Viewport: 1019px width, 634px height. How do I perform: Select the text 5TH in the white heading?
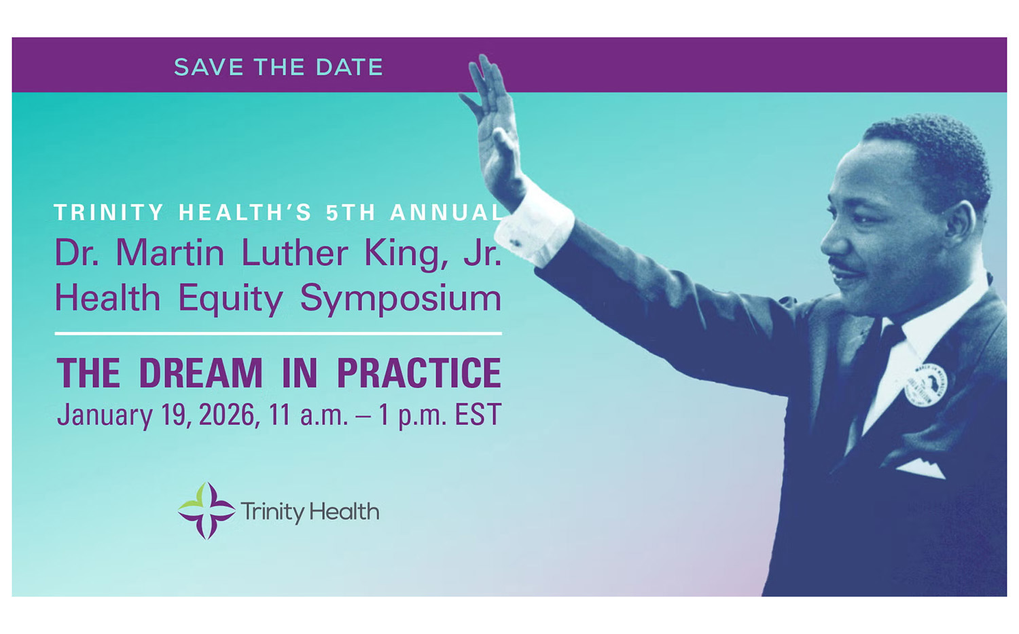(x=351, y=212)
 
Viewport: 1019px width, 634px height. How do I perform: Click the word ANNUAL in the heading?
(x=446, y=212)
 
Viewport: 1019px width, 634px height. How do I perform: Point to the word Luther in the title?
(x=294, y=253)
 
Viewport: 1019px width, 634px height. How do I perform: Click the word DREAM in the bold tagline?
(x=200, y=373)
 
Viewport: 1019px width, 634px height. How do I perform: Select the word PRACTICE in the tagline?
(x=419, y=373)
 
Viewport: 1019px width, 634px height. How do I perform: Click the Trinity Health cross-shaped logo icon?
(x=207, y=511)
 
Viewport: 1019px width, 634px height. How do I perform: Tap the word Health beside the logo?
(x=344, y=512)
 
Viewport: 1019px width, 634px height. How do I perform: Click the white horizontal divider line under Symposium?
(x=279, y=333)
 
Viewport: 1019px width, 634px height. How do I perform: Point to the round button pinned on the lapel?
(x=926, y=384)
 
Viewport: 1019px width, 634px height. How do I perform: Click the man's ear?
(x=959, y=227)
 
